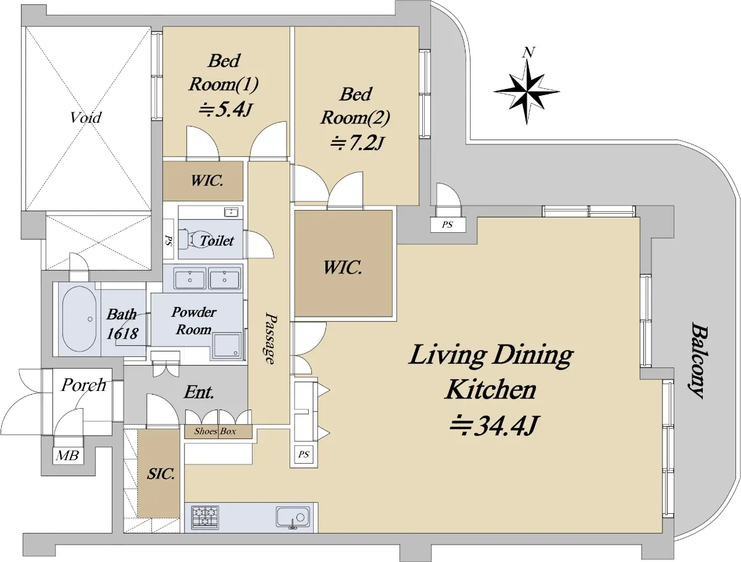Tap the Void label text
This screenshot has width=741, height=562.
[x=86, y=117]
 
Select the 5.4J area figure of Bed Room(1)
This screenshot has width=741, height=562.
[x=225, y=110]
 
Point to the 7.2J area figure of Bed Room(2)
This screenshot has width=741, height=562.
[x=357, y=143]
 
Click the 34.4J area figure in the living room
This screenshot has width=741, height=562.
[x=493, y=426]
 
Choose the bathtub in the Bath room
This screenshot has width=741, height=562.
[x=79, y=319]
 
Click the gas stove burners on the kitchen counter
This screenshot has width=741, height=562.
[x=205, y=517]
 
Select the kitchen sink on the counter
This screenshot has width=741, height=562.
[x=293, y=517]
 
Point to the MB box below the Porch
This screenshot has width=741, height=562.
[x=68, y=455]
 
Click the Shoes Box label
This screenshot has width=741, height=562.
[x=215, y=431]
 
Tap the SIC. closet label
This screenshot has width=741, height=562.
[x=161, y=474]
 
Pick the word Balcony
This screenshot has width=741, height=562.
[x=698, y=360]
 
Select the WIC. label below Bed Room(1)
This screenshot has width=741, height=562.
[x=207, y=181]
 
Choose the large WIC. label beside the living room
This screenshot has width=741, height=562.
[x=343, y=267]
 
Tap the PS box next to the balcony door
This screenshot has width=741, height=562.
[x=448, y=224]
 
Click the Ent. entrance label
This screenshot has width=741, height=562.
[x=199, y=392]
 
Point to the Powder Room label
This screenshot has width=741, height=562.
[x=194, y=321]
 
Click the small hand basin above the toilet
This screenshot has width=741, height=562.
[x=231, y=212]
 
